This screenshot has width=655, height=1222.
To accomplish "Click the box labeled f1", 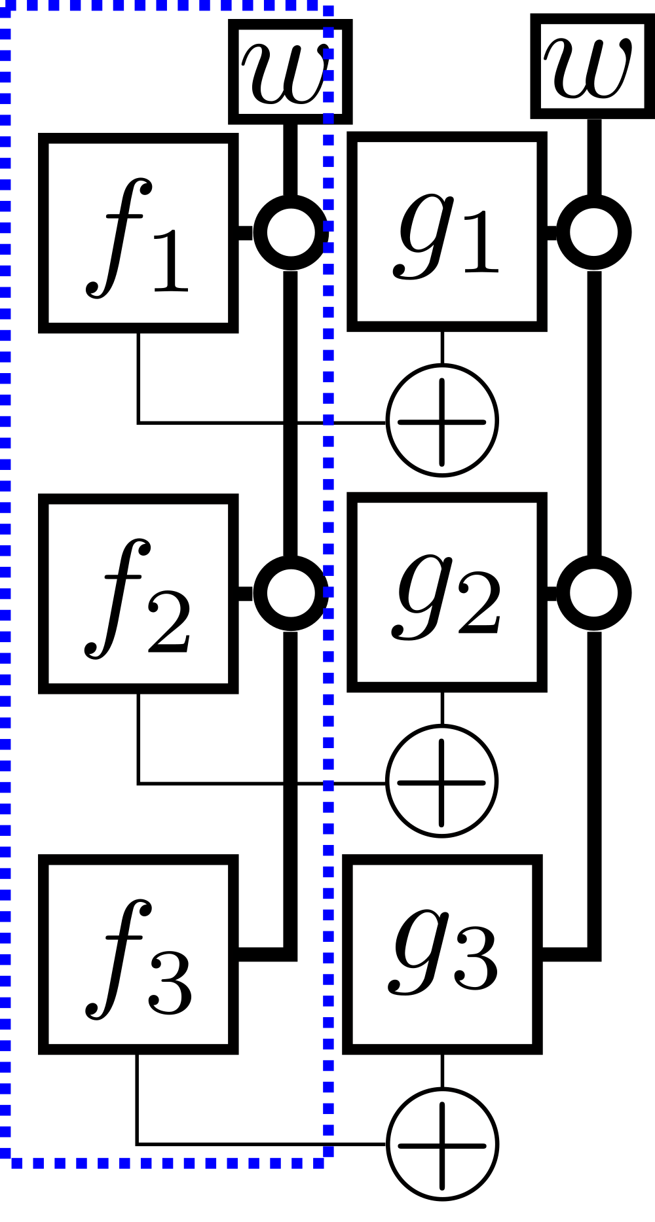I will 138,233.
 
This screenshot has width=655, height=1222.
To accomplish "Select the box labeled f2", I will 138,594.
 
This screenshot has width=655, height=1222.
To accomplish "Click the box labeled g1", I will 447,233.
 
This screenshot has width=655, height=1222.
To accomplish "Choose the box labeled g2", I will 447,594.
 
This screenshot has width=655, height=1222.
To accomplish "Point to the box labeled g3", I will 443,954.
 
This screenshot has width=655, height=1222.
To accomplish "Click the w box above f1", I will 290,72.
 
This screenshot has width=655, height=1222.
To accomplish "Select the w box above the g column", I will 591,67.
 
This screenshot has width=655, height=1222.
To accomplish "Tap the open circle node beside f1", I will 291,232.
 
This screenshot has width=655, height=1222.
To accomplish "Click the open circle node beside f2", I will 291,594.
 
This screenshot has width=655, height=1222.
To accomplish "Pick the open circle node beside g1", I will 593,232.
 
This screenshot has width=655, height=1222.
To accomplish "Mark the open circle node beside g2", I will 593,594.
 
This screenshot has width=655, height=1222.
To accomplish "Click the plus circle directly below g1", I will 443,422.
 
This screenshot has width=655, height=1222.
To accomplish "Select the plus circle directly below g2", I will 443,782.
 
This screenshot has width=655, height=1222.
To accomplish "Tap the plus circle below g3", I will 443,1145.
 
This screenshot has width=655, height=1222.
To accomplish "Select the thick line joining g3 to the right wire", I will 567,954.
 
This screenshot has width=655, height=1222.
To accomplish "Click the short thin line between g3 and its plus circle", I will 443,1071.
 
